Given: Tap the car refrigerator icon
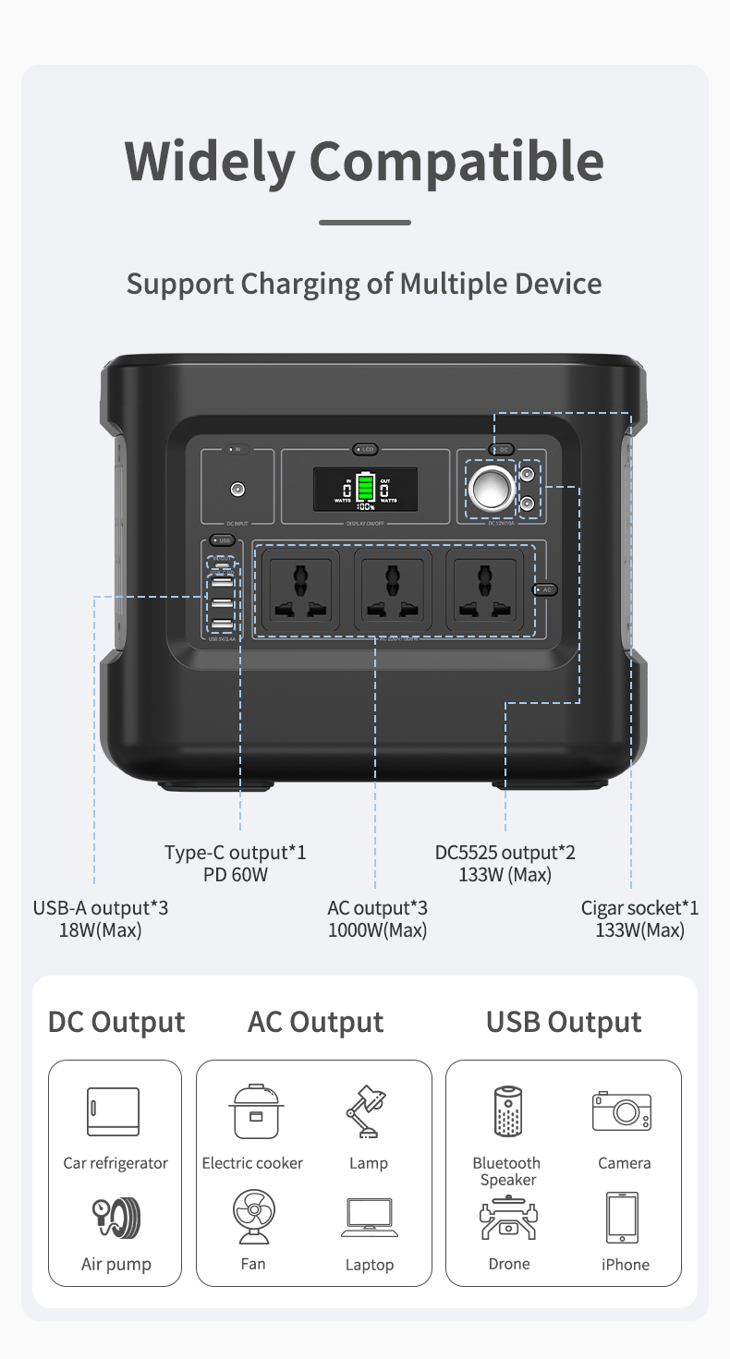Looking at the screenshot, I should (x=114, y=1111).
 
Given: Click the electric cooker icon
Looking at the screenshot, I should (x=253, y=1111).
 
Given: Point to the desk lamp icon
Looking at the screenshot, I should (x=367, y=1112).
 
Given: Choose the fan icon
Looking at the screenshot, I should (x=253, y=1218).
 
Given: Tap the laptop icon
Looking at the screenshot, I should (x=370, y=1218).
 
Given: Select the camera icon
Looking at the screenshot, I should (x=622, y=1111).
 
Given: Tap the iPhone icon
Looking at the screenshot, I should (x=622, y=1218).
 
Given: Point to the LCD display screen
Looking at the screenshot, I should (x=365, y=487).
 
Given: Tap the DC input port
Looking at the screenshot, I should (x=238, y=488).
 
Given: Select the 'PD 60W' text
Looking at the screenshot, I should (x=236, y=874).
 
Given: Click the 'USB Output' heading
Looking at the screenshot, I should (x=564, y=1023).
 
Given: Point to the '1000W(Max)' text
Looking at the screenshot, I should (x=377, y=930).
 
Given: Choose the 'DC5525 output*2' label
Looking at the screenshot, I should (x=505, y=853).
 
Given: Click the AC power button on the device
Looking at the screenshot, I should (x=544, y=589).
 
